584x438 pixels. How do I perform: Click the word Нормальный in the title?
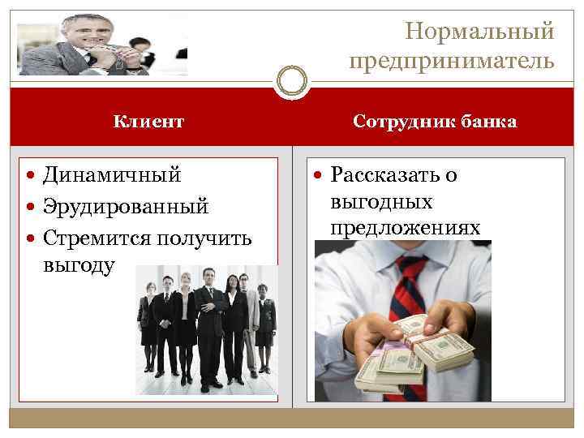tap(479, 32)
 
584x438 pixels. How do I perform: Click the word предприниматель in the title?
tap(453, 61)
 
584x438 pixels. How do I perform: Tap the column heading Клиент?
tap(148, 122)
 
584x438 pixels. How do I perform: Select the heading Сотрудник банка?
tap(435, 122)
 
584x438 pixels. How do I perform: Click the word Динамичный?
tap(112, 174)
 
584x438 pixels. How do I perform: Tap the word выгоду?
tap(80, 265)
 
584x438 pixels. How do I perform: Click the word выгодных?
tap(381, 201)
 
